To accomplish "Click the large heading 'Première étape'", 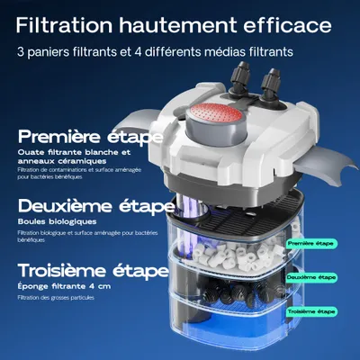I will point(89,138).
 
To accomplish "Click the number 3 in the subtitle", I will point(20,51).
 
